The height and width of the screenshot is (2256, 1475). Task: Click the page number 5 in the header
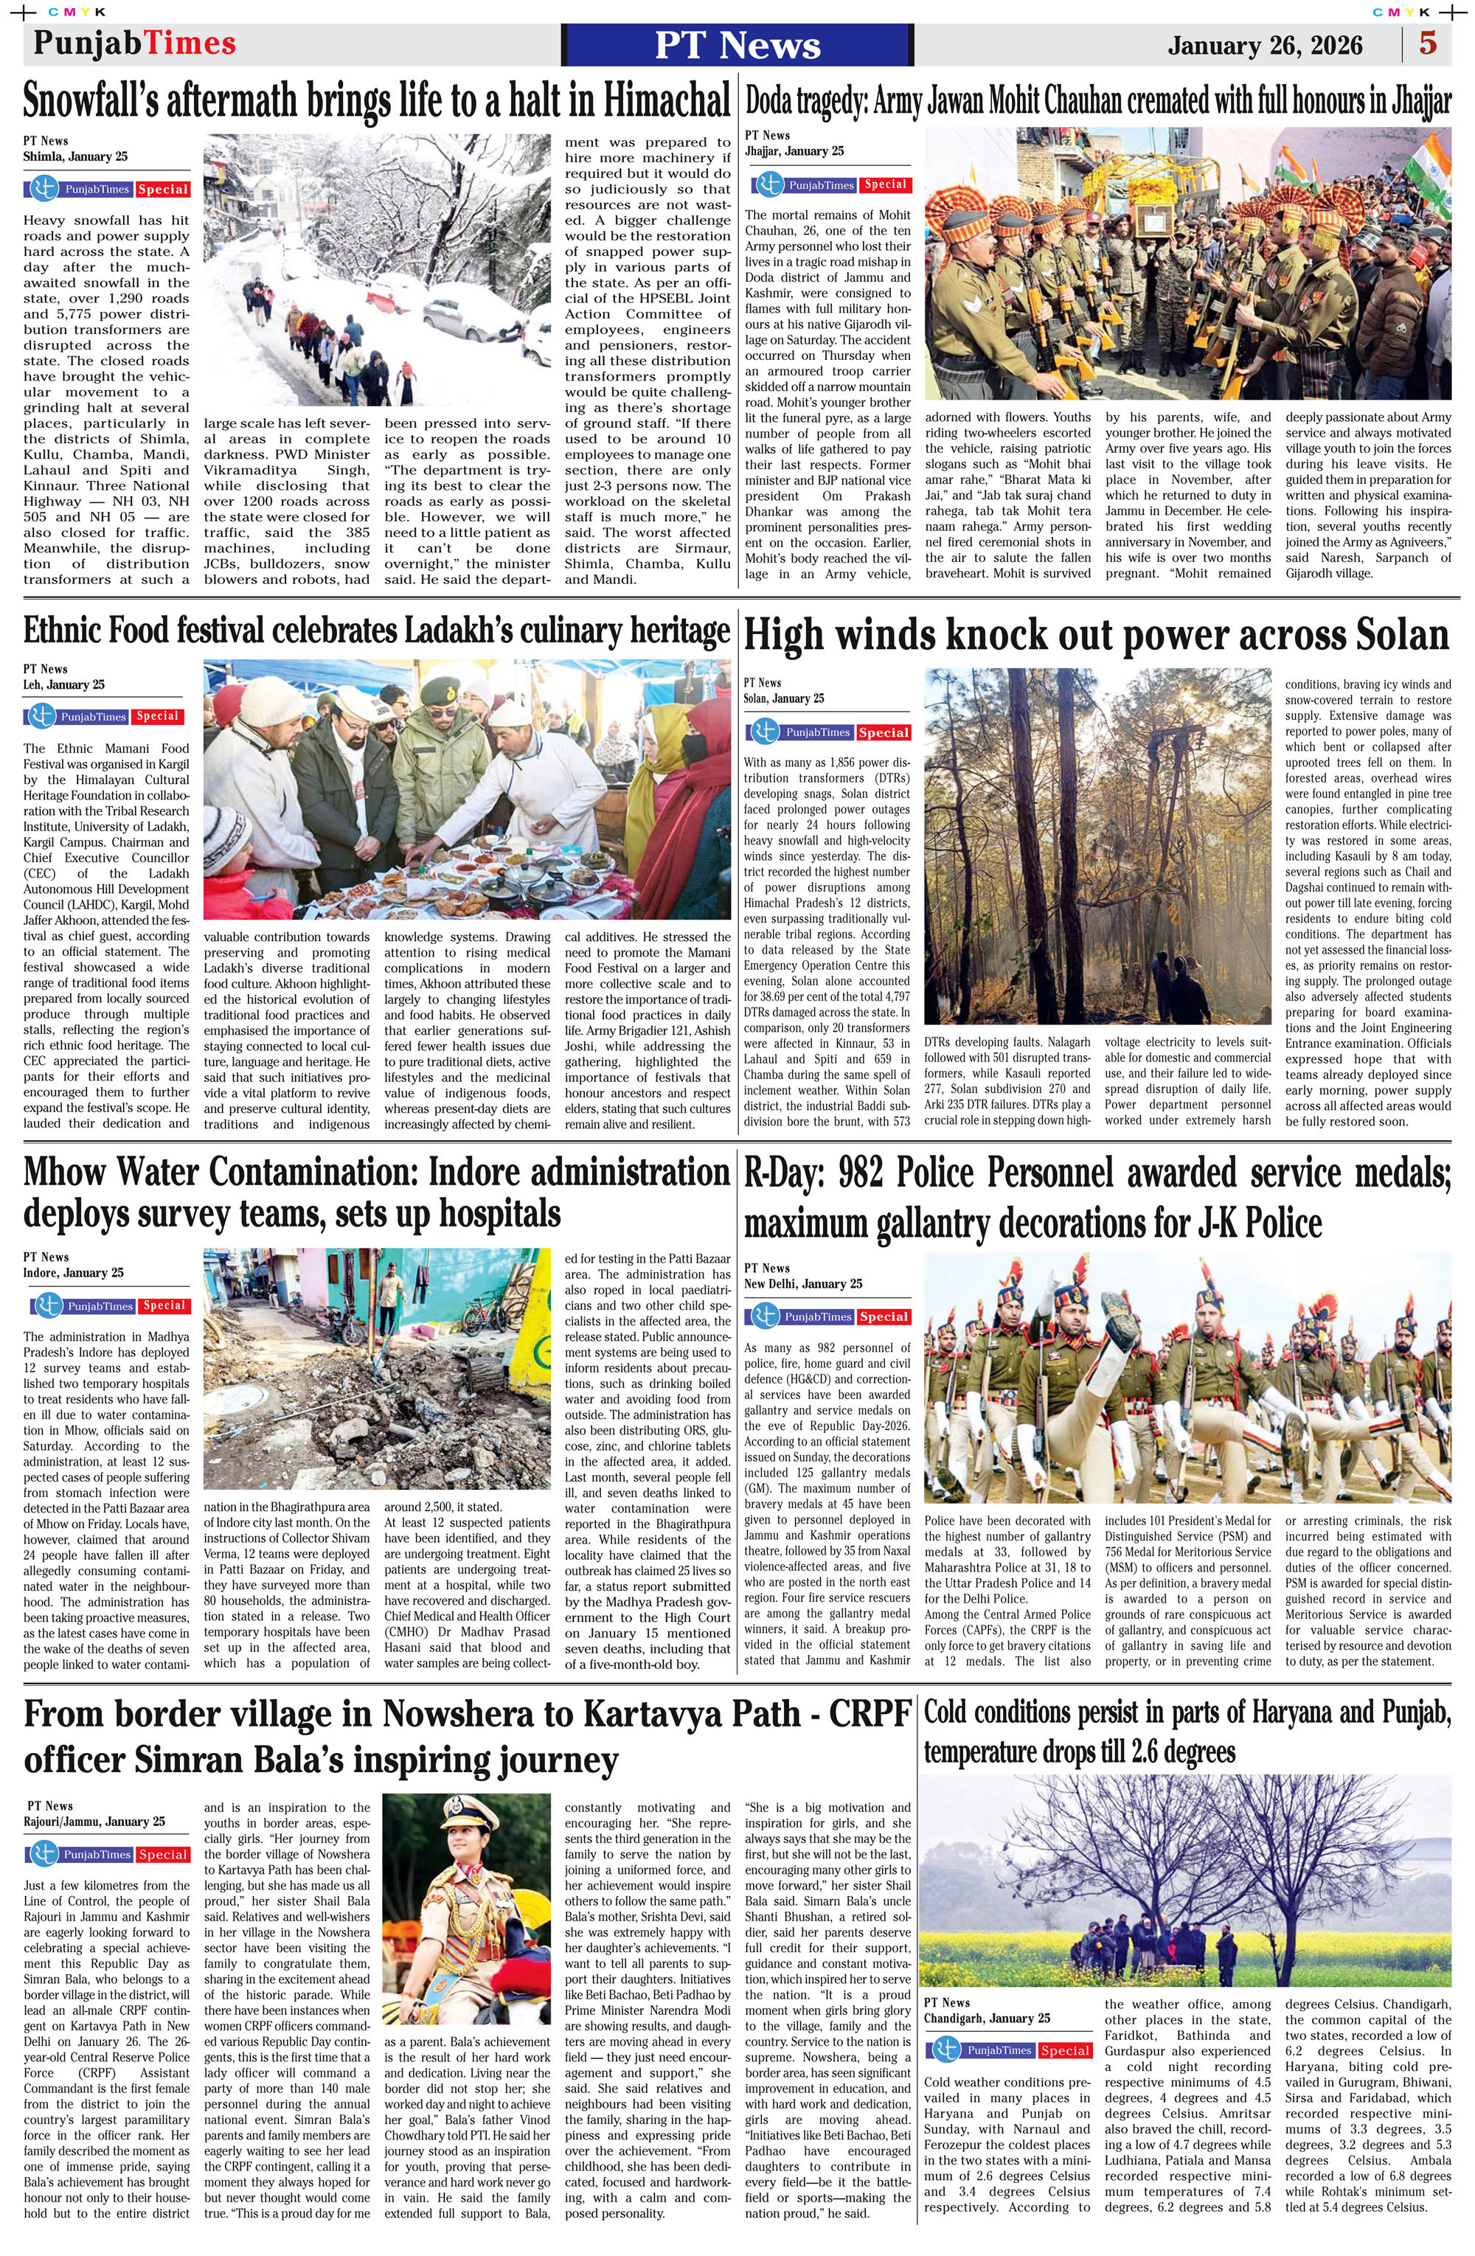pyautogui.click(x=1428, y=44)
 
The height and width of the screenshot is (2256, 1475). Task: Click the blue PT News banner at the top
pyautogui.click(x=737, y=44)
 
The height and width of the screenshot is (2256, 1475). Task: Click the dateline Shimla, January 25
pyautogui.click(x=75, y=156)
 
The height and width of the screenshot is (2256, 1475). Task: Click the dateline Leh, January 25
pyautogui.click(x=63, y=684)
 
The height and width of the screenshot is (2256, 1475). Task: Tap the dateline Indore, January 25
pyautogui.click(x=73, y=1272)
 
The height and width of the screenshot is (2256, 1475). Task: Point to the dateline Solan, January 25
pyautogui.click(x=784, y=698)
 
